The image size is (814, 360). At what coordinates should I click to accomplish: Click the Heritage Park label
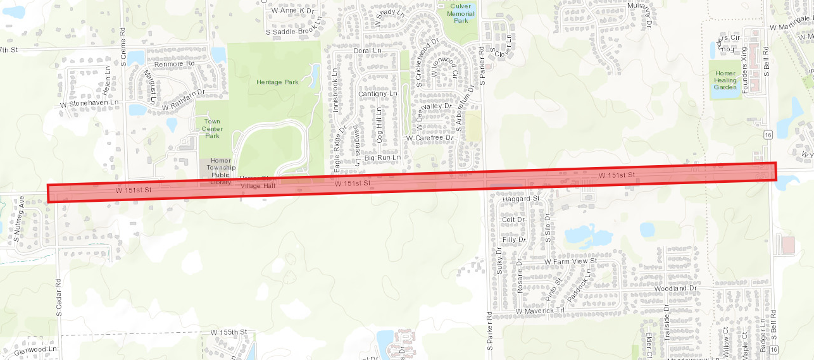(x=277, y=82)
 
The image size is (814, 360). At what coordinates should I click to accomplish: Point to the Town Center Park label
(x=213, y=128)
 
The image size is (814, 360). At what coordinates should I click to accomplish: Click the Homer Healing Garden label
(x=725, y=80)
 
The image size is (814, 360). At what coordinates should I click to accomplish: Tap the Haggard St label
(x=520, y=199)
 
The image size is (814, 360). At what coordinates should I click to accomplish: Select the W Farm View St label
(x=570, y=261)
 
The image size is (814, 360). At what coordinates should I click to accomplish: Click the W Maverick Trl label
(x=539, y=311)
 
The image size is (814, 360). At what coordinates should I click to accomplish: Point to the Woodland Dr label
(x=675, y=289)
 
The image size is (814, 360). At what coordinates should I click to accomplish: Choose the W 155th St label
(x=228, y=332)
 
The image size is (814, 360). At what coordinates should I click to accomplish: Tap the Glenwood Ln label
(x=35, y=349)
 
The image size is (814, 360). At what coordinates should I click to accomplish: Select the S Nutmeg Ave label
(x=18, y=220)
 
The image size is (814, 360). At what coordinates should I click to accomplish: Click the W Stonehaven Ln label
(x=89, y=102)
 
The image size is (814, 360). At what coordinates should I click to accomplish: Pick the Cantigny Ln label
(x=377, y=94)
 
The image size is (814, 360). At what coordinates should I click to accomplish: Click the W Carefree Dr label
(x=430, y=137)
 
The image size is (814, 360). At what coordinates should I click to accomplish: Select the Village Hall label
(x=258, y=187)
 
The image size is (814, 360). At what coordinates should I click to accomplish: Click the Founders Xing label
(x=745, y=75)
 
